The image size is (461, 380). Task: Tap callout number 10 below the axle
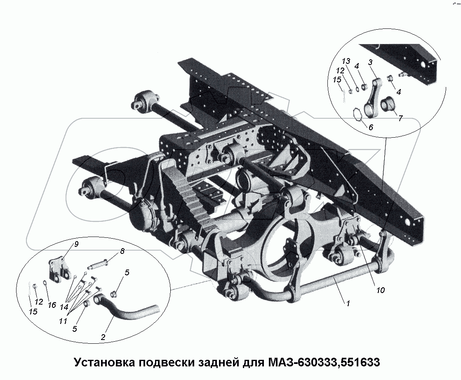pyautogui.click(x=380, y=290)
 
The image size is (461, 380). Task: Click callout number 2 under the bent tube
pyautogui.click(x=103, y=337)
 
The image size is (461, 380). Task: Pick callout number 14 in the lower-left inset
pyautogui.click(x=64, y=307)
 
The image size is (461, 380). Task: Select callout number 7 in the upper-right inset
pyautogui.click(x=400, y=118)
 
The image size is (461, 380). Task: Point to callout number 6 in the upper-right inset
pyautogui.click(x=370, y=128)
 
